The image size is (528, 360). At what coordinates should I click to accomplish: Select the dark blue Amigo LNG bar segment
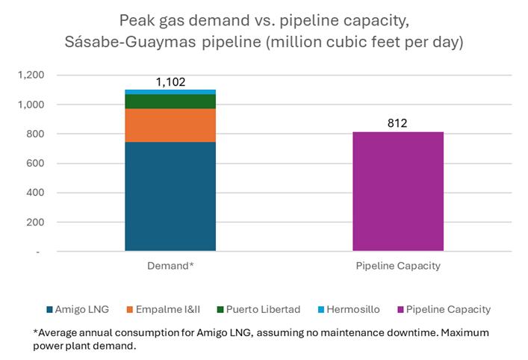click(x=170, y=196)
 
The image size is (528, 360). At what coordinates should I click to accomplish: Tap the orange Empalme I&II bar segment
click(x=170, y=125)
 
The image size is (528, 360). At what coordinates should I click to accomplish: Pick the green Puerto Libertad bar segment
click(x=170, y=102)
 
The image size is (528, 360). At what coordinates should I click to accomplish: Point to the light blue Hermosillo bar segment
click(x=170, y=92)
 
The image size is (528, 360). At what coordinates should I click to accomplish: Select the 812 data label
click(x=397, y=123)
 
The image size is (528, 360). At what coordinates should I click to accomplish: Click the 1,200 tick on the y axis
click(x=32, y=75)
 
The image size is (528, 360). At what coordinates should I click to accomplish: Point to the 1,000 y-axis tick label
click(x=32, y=105)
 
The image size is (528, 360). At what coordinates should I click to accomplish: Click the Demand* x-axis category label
click(x=170, y=265)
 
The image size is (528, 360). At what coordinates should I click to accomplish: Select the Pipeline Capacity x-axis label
click(x=397, y=265)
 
